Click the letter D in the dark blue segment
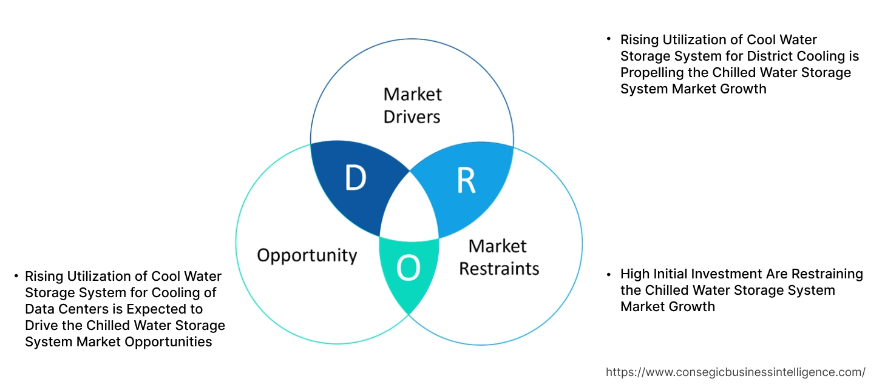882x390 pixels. tap(356, 178)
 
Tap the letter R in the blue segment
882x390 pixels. tap(466, 181)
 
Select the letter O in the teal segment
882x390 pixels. tap(408, 269)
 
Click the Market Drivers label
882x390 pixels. tap(412, 105)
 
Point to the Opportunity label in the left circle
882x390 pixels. tap(307, 255)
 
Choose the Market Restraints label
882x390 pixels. tap(498, 257)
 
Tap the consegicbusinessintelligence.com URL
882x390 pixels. tap(736, 372)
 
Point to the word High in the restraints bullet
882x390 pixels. tap(635, 274)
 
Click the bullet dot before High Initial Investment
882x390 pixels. tap(609, 274)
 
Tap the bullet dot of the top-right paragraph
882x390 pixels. tap(609, 39)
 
